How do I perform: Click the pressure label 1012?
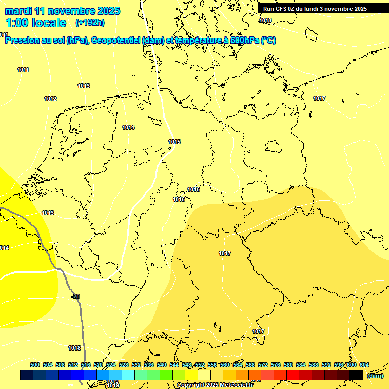point(50,99)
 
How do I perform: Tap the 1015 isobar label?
point(174,142)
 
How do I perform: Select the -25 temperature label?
point(76,296)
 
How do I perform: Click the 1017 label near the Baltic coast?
point(319,98)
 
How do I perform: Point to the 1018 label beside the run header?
point(265,21)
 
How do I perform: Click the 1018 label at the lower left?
point(74,348)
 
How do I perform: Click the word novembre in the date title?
point(71,11)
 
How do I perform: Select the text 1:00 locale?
point(36,23)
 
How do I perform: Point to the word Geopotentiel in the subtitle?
point(113,41)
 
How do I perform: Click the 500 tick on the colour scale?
point(35,365)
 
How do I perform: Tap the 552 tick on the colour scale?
point(200,365)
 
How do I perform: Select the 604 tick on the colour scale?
point(364,365)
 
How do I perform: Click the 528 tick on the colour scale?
point(124,365)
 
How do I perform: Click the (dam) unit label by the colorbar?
point(375,375)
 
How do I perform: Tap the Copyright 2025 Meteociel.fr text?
point(215,385)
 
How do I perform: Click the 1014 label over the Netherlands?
point(128,127)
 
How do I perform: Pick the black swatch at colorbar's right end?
point(356,375)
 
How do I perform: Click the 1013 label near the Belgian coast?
point(48,213)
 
